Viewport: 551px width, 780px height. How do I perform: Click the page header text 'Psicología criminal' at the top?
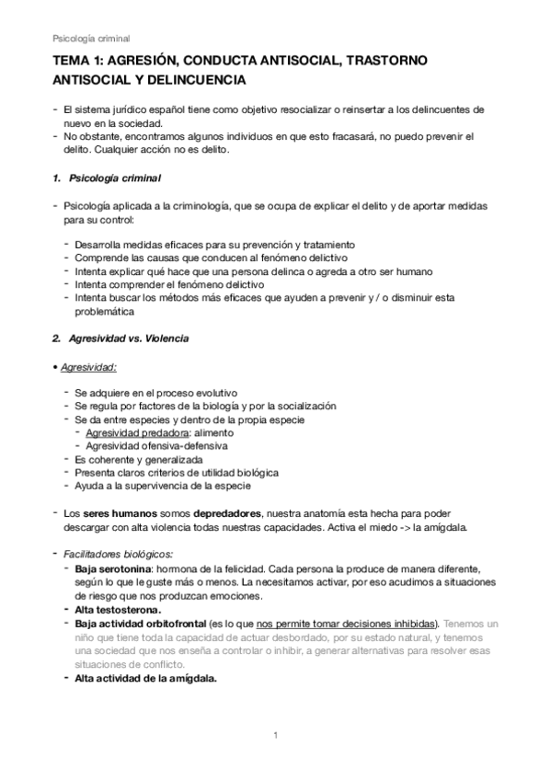pyautogui.click(x=91, y=39)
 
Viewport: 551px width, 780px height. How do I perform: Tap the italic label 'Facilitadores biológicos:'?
pyautogui.click(x=118, y=554)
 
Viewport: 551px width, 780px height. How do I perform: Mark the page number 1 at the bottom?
pyautogui.click(x=275, y=735)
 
